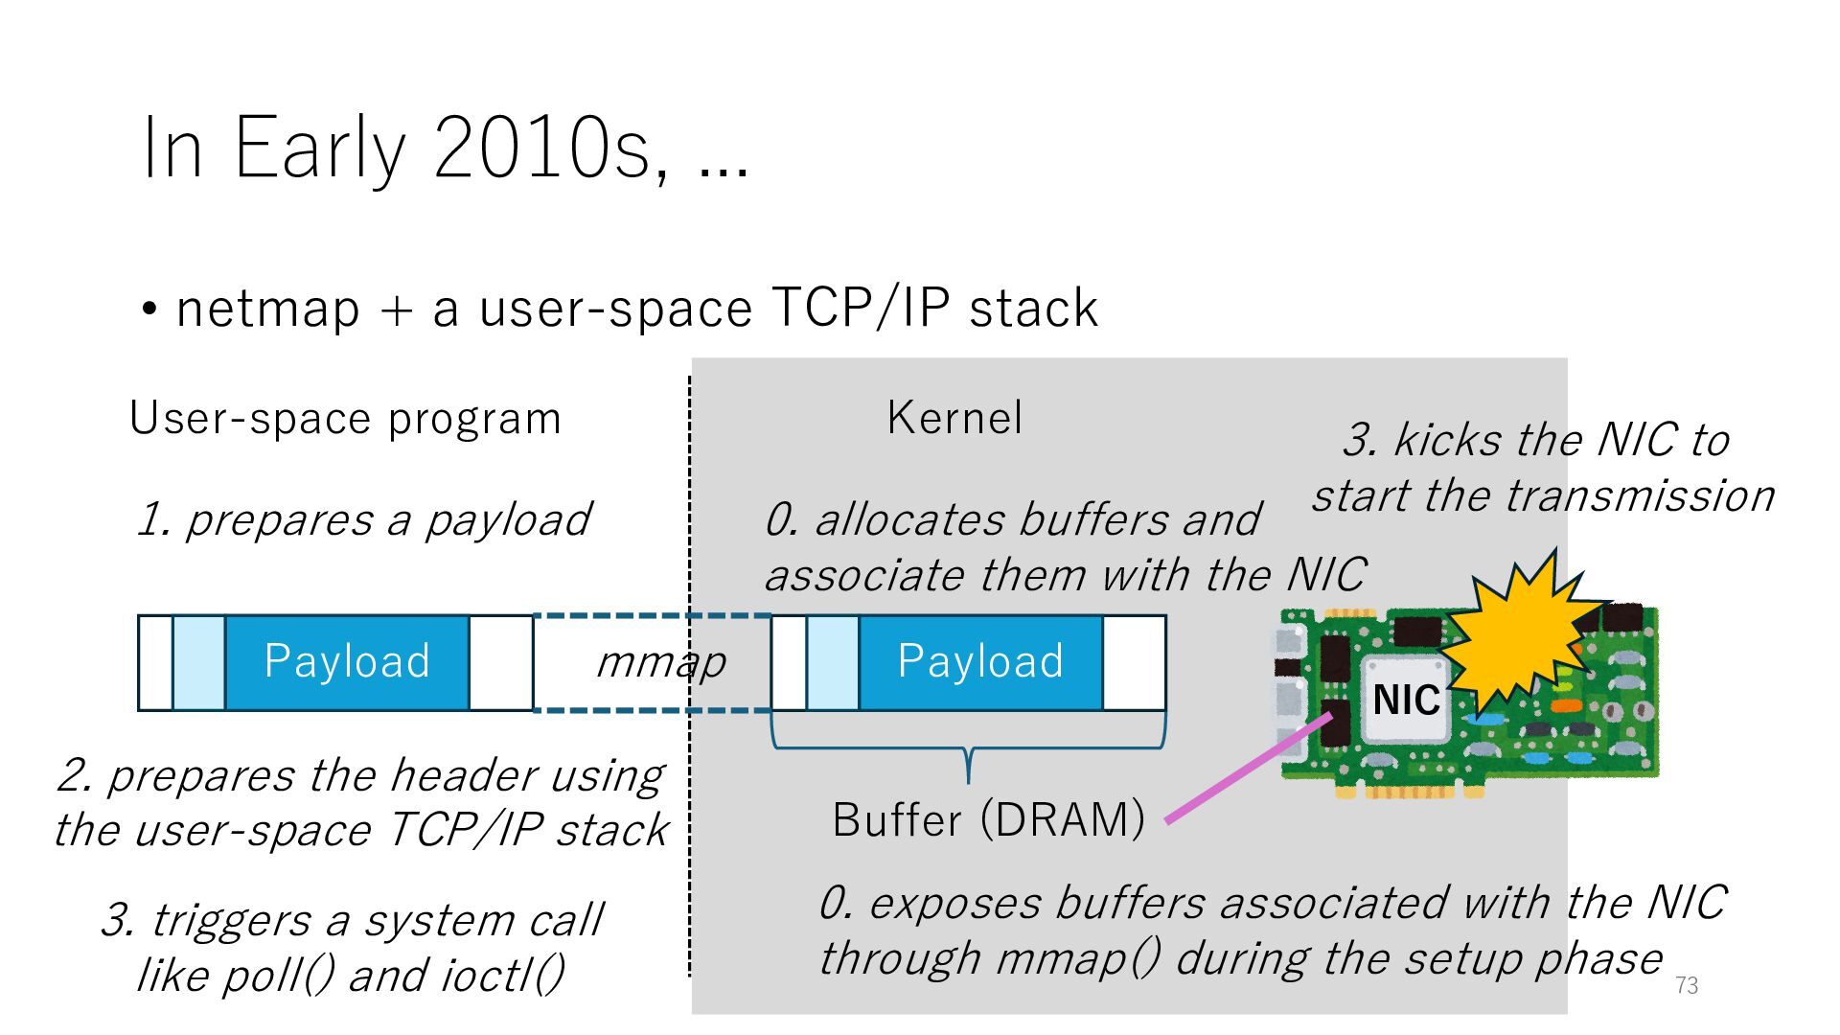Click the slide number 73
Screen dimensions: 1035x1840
[x=1686, y=985]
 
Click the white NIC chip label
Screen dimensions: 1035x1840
[x=1405, y=700]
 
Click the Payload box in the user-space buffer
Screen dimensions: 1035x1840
[x=347, y=662]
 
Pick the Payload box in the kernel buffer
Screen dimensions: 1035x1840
[x=980, y=662]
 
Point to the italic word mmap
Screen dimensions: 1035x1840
[x=661, y=662]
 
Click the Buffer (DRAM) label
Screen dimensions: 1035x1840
[x=988, y=819]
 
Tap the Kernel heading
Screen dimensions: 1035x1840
[x=954, y=418]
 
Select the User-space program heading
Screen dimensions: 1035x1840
[x=345, y=419]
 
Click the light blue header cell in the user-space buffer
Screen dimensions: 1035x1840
[x=198, y=662]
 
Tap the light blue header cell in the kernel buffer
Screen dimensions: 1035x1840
[x=832, y=662]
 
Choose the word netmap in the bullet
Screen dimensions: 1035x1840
[x=268, y=309]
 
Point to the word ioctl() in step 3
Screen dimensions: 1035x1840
[x=502, y=976]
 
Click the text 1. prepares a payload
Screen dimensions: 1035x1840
[x=364, y=519]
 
